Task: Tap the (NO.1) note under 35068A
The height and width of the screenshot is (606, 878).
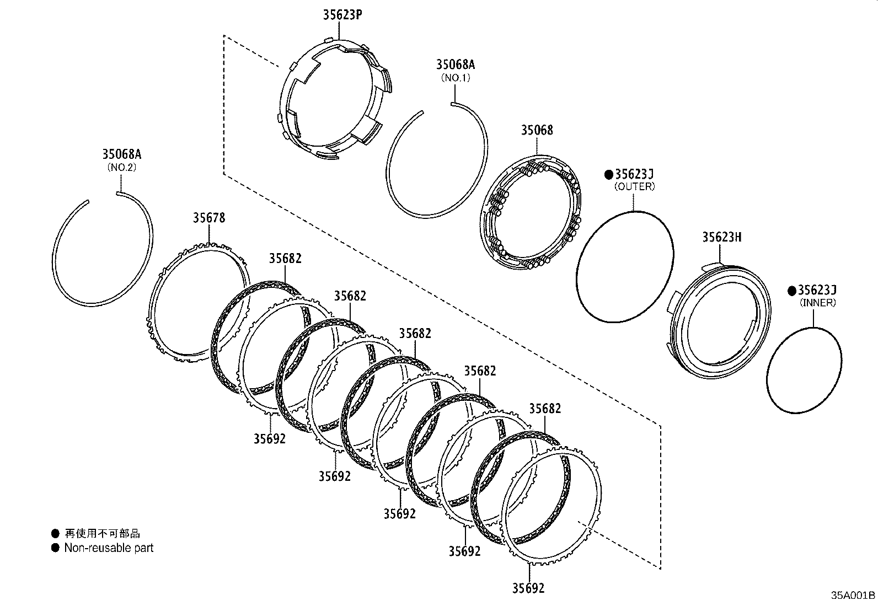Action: [x=455, y=78]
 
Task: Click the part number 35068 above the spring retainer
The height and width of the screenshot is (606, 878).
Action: [x=537, y=131]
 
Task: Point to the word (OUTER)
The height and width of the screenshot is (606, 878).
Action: [x=634, y=187]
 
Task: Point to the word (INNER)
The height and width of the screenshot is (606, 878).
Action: [x=817, y=303]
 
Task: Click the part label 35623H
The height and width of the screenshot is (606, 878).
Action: [x=721, y=237]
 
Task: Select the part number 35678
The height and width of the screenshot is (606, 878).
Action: [x=208, y=218]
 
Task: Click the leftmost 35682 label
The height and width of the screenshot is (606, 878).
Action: [x=285, y=259]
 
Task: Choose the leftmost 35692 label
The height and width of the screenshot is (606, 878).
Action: [x=270, y=438]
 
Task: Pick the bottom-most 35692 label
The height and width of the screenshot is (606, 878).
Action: [x=528, y=588]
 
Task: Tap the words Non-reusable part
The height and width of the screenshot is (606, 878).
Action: [x=109, y=548]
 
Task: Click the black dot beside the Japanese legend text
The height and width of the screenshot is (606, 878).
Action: [x=55, y=533]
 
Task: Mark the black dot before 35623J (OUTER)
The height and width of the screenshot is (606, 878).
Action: [x=608, y=175]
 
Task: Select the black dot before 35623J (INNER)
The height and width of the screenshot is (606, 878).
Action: [x=791, y=291]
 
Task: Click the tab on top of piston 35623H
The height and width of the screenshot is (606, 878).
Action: [x=718, y=265]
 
